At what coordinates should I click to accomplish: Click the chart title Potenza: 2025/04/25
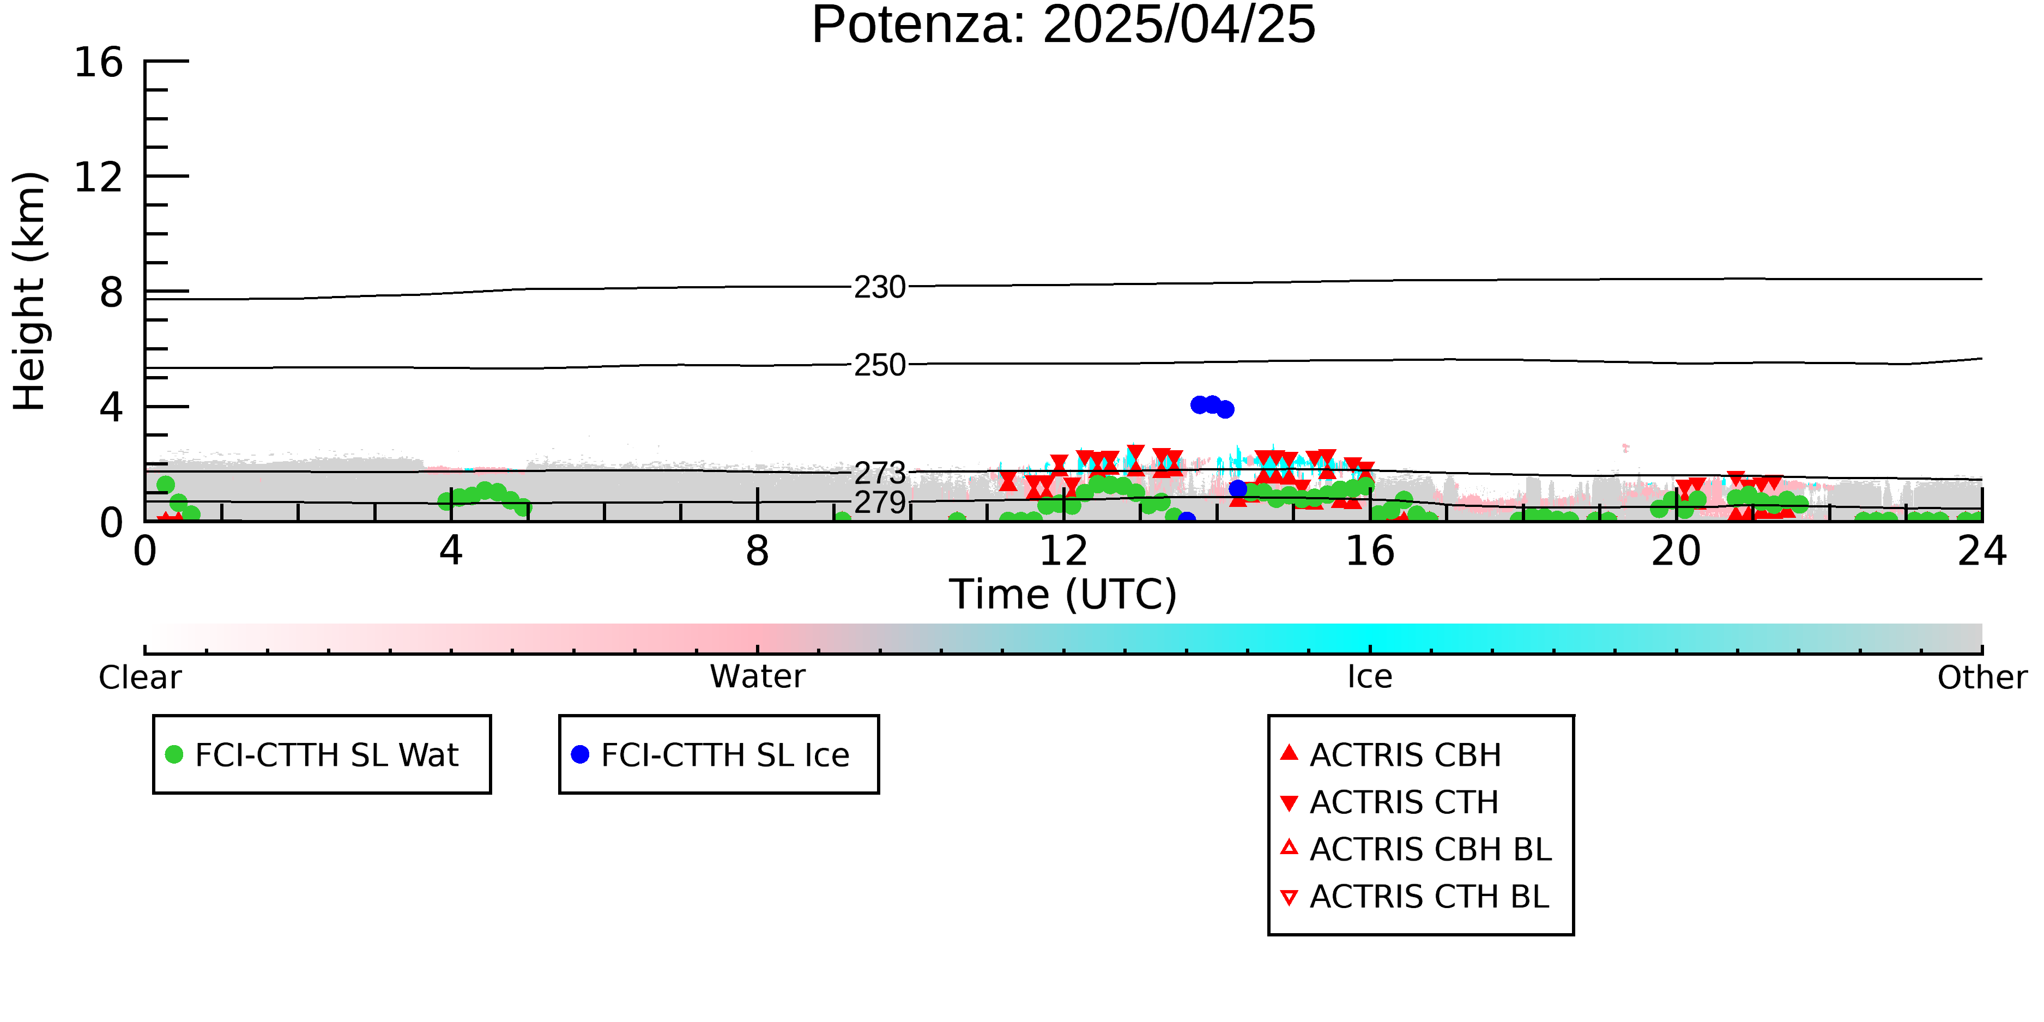click(x=1063, y=26)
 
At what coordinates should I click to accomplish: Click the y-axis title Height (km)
click(x=29, y=291)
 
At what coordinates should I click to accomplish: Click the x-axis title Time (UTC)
click(x=1063, y=594)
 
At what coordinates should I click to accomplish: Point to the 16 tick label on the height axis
click(x=99, y=62)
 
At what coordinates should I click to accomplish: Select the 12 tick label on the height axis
click(x=99, y=177)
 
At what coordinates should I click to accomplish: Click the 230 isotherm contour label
click(x=880, y=287)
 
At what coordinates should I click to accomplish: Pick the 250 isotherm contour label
click(x=880, y=365)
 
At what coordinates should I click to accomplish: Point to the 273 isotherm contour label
click(x=880, y=474)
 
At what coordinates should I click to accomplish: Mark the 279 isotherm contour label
click(x=880, y=502)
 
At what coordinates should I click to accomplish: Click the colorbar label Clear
click(x=140, y=678)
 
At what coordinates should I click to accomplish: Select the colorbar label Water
click(x=758, y=677)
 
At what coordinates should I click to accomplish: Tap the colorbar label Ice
click(x=1370, y=677)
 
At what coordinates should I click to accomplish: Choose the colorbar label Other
click(x=1982, y=678)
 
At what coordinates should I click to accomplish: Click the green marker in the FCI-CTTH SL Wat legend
click(x=174, y=754)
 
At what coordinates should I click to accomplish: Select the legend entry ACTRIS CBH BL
click(x=1417, y=849)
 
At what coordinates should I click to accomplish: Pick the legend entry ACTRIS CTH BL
click(x=1415, y=897)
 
